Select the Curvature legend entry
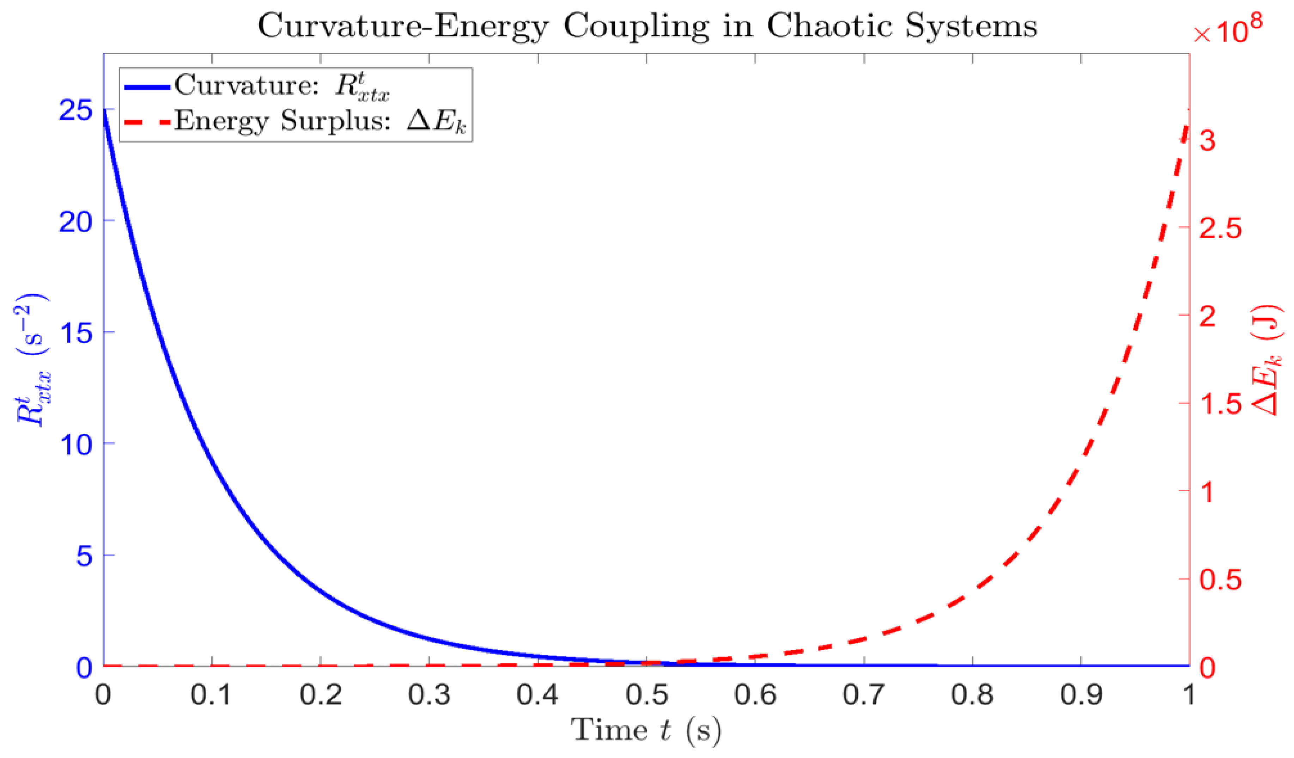[x=257, y=86]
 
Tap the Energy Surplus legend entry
[x=295, y=122]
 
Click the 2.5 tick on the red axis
[x=1220, y=228]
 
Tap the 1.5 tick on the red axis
[x=1220, y=404]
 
